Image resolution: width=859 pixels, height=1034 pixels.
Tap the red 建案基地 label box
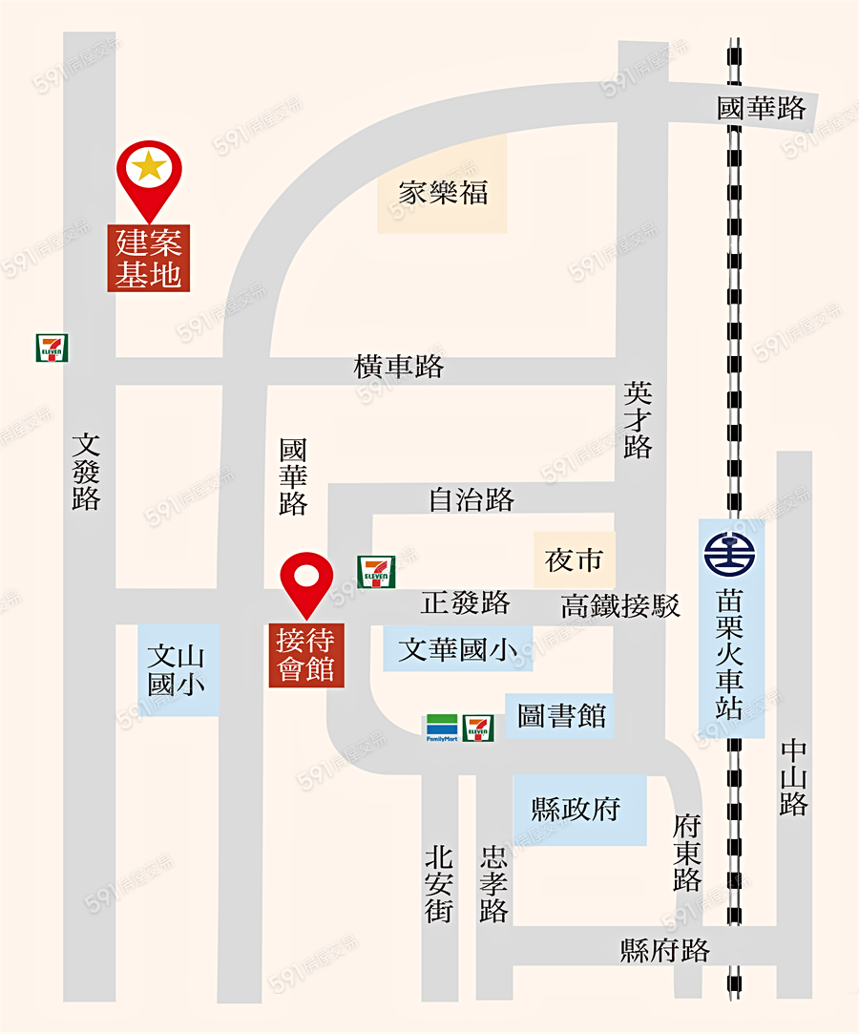click(x=149, y=259)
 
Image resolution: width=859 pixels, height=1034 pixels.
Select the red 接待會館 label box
click(x=305, y=654)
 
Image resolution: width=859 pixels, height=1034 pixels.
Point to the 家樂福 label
click(x=443, y=193)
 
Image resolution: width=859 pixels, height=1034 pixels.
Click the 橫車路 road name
click(x=399, y=367)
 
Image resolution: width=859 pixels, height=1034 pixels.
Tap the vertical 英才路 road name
click(x=638, y=420)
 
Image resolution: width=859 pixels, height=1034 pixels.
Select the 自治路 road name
click(x=471, y=498)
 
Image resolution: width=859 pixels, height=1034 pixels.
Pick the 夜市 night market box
click(x=574, y=559)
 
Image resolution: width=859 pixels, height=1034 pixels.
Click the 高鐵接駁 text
click(x=620, y=605)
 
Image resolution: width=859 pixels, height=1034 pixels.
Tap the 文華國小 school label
click(x=458, y=650)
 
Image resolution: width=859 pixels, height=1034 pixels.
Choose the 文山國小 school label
click(x=178, y=669)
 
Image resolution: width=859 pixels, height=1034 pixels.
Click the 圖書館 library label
click(x=562, y=716)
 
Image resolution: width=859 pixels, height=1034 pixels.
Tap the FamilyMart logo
click(x=442, y=728)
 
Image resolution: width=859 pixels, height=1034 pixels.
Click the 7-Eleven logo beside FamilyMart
click(x=478, y=728)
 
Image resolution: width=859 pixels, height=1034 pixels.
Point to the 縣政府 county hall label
click(x=576, y=810)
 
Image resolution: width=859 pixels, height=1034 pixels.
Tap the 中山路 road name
click(x=793, y=777)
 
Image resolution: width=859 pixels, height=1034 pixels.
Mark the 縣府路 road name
click(x=666, y=951)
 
